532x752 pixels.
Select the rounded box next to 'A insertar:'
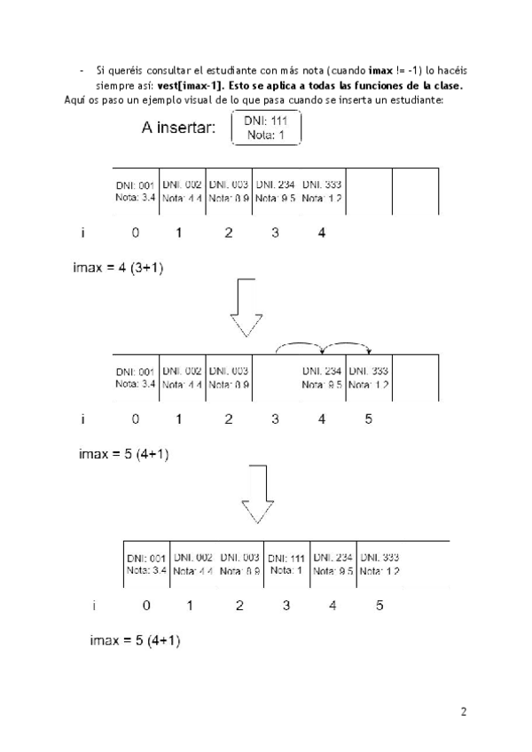266,129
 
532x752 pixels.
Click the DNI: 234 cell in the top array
275,192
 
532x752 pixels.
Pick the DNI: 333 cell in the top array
322,192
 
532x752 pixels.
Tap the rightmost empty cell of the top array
415,192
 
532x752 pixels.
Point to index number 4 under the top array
321,233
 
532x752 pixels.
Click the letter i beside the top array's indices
82,233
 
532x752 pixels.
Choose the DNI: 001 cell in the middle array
136,378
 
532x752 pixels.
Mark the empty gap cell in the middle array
275,378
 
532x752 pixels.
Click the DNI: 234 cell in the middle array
321,378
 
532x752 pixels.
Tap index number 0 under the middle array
135,419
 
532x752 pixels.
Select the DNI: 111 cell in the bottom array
286,564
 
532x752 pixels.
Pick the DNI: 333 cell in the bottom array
380,564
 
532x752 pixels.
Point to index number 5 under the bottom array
379,607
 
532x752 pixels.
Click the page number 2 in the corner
463,711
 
